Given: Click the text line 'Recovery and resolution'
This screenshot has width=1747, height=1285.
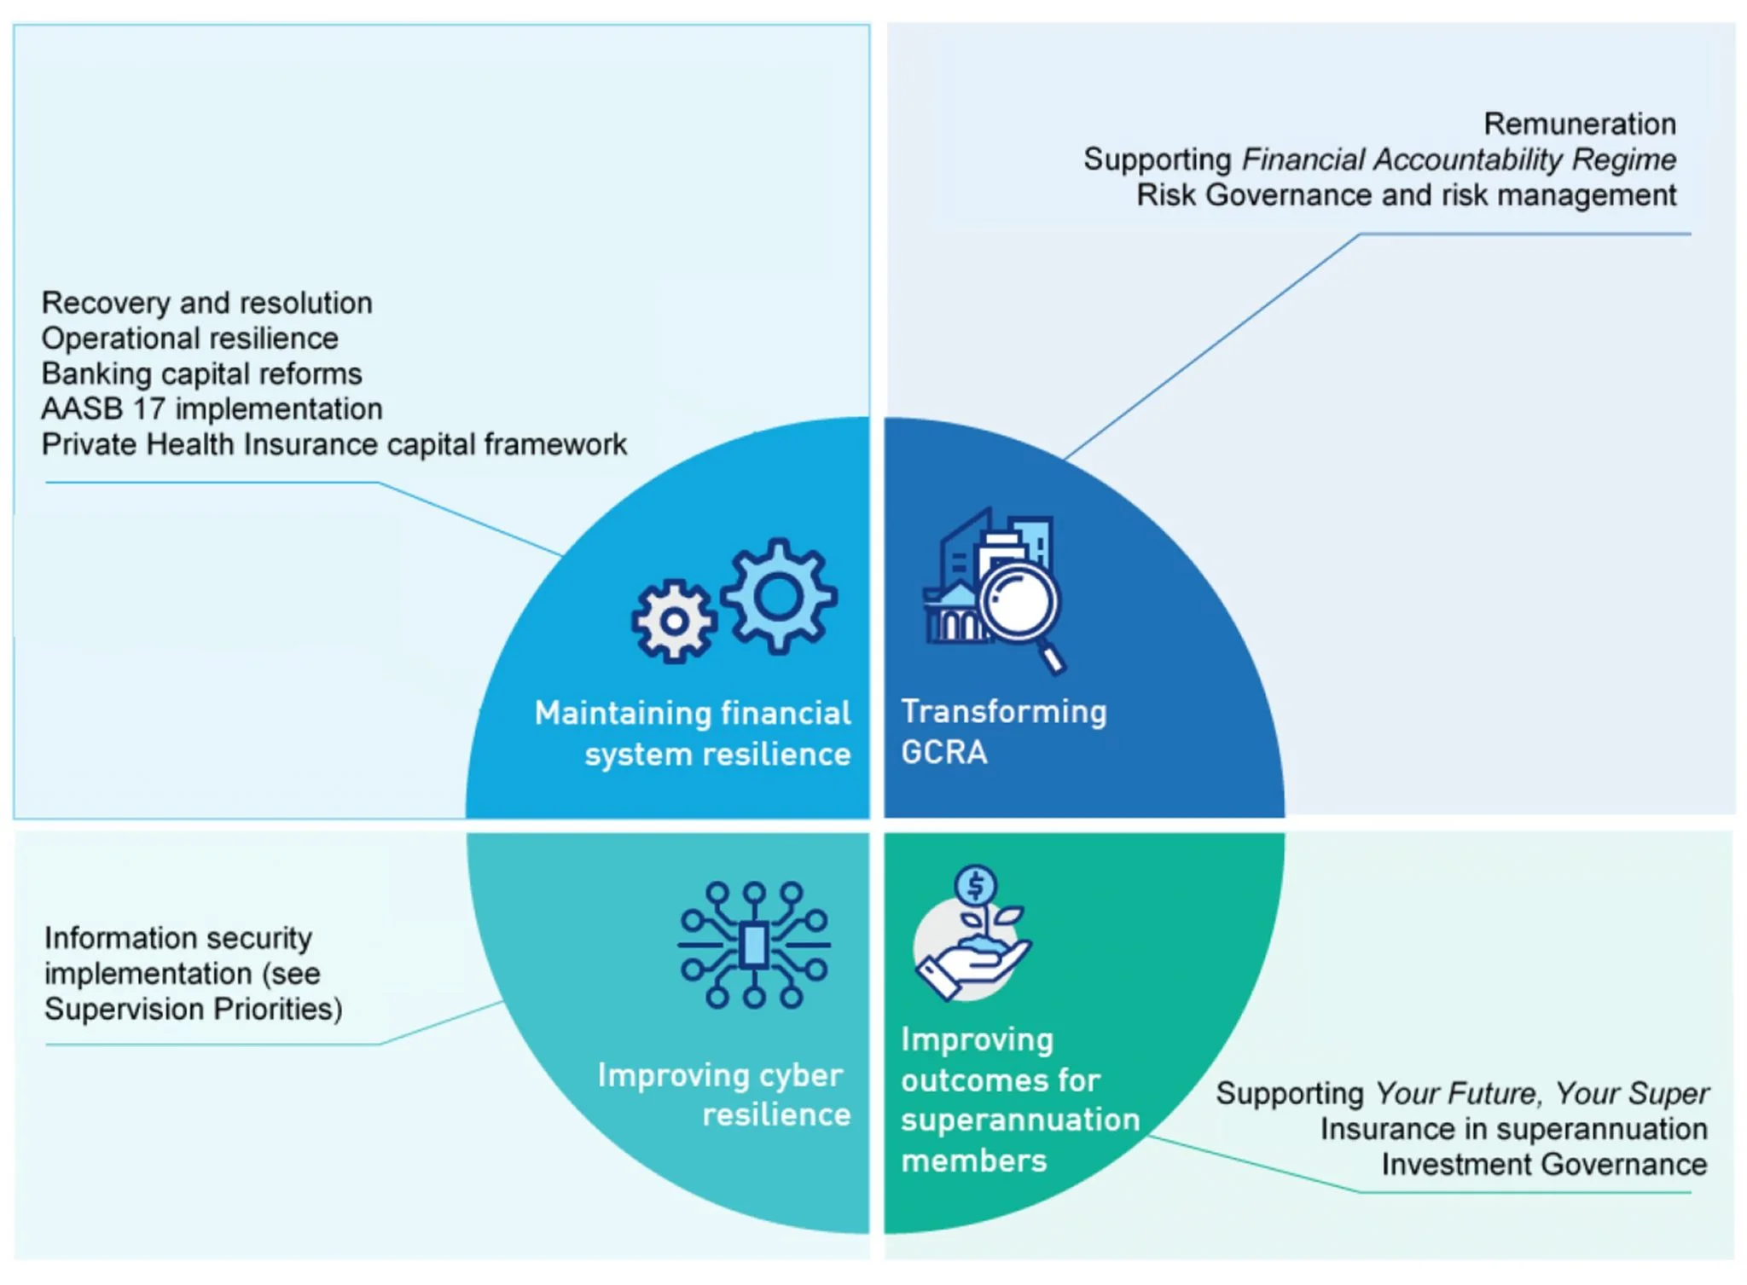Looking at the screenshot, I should (x=206, y=303).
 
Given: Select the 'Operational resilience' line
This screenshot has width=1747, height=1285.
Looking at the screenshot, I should (x=189, y=339).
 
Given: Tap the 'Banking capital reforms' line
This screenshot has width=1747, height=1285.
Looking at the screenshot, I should (x=201, y=373).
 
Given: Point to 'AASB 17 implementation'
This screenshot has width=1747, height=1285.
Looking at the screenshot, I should (x=212, y=409).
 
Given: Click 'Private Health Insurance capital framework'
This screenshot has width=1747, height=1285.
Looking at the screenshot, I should (x=334, y=444).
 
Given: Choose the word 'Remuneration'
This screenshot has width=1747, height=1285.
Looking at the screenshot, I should (x=1579, y=124).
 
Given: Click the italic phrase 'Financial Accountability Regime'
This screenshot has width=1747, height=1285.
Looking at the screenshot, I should (x=1459, y=159).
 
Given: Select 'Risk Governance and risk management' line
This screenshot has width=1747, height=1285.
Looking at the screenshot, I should (x=1406, y=195).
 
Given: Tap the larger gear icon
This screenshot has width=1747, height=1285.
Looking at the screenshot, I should (x=778, y=596).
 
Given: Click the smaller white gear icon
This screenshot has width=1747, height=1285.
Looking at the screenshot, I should (x=674, y=621).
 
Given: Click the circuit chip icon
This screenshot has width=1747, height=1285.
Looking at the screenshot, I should (x=753, y=945).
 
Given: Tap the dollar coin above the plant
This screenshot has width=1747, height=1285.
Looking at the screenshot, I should (x=976, y=886).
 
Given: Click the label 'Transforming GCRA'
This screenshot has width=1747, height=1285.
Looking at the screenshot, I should (x=1003, y=732).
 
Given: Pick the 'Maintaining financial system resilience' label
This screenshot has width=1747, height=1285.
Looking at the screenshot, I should (x=693, y=733).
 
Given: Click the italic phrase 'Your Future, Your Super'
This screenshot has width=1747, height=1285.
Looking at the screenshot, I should (x=1541, y=1094).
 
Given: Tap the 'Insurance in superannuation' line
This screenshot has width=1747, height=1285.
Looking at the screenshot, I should (x=1513, y=1129).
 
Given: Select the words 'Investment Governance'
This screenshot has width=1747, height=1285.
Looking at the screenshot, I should (x=1544, y=1165).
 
